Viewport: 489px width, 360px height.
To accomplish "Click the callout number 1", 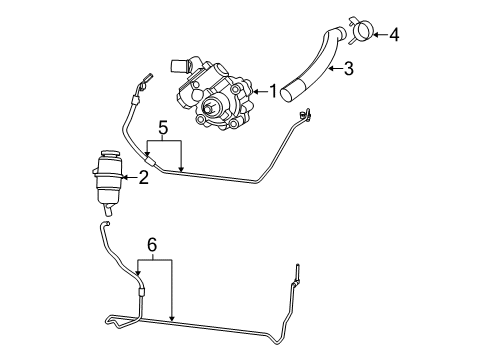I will pyautogui.click(x=271, y=91).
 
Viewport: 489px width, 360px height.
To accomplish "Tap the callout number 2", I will pyautogui.click(x=144, y=177).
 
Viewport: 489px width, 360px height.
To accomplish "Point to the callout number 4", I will pyautogui.click(x=394, y=36).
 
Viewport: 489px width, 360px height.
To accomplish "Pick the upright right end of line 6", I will pyautogui.click(x=297, y=272).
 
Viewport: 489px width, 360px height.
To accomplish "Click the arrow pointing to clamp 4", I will pyautogui.click(x=378, y=36).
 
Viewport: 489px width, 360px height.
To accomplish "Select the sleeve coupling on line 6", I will pyautogui.click(x=141, y=289).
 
